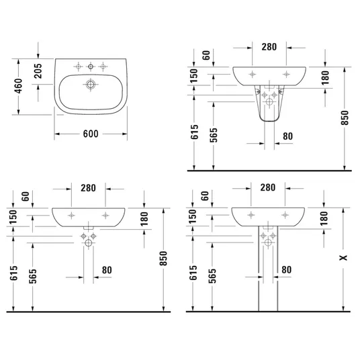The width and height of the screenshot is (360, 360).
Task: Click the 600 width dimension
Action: pyautogui.click(x=91, y=134)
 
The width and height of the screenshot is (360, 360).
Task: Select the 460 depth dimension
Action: pyautogui.click(x=19, y=86)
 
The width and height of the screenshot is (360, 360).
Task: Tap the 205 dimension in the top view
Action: pyautogui.click(x=38, y=71)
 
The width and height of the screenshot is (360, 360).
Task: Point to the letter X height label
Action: pyautogui.click(x=343, y=258)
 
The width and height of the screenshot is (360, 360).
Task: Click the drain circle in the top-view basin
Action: pyautogui.click(x=91, y=84)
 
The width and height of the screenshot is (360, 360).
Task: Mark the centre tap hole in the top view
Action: pyautogui.click(x=91, y=66)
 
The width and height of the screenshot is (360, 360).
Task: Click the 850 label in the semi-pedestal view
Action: pyautogui.click(x=345, y=118)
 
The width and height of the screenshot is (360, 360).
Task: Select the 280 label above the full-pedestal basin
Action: pyautogui.click(x=268, y=187)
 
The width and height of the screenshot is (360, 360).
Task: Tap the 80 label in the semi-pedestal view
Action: pyautogui.click(x=287, y=136)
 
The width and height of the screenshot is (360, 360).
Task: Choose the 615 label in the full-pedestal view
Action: pyautogui.click(x=193, y=273)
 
